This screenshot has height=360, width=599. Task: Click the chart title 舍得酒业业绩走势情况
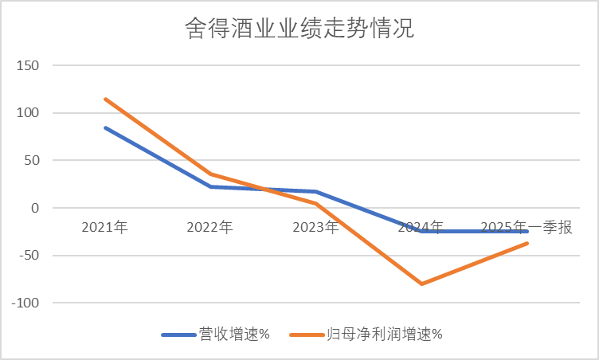point(299,31)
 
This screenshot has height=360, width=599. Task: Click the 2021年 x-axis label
point(104,227)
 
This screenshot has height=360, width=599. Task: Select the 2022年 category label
point(209,227)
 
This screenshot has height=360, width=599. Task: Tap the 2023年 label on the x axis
point(315,227)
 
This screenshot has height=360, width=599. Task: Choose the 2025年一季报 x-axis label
point(527,227)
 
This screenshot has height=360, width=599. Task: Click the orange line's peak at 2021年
point(104,99)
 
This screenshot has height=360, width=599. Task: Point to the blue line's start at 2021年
point(104,127)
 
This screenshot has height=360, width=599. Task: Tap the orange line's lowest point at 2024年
point(421,284)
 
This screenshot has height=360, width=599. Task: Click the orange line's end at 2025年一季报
point(527,243)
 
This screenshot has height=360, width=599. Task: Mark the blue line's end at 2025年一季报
point(527,231)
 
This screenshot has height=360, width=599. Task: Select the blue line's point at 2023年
point(315,192)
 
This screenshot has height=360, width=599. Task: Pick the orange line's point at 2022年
point(209,174)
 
